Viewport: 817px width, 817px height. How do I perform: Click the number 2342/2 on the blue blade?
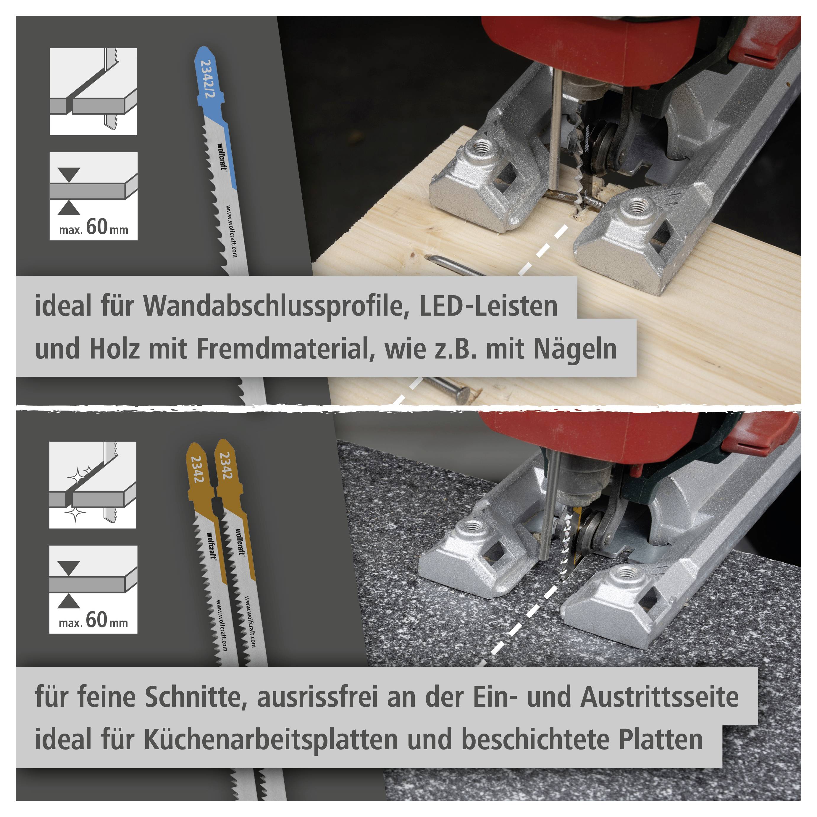pos(207,79)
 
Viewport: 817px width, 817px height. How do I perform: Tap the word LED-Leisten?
pos(488,306)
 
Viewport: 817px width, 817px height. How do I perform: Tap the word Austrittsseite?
pos(659,697)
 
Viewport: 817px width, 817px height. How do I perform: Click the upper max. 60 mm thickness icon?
pos(93,196)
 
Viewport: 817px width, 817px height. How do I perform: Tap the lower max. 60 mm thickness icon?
pos(93,589)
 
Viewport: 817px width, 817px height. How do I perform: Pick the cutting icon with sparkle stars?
pos(93,485)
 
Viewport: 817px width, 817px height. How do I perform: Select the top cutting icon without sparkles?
pos(93,91)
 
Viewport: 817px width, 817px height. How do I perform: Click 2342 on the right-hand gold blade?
pos(226,466)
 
